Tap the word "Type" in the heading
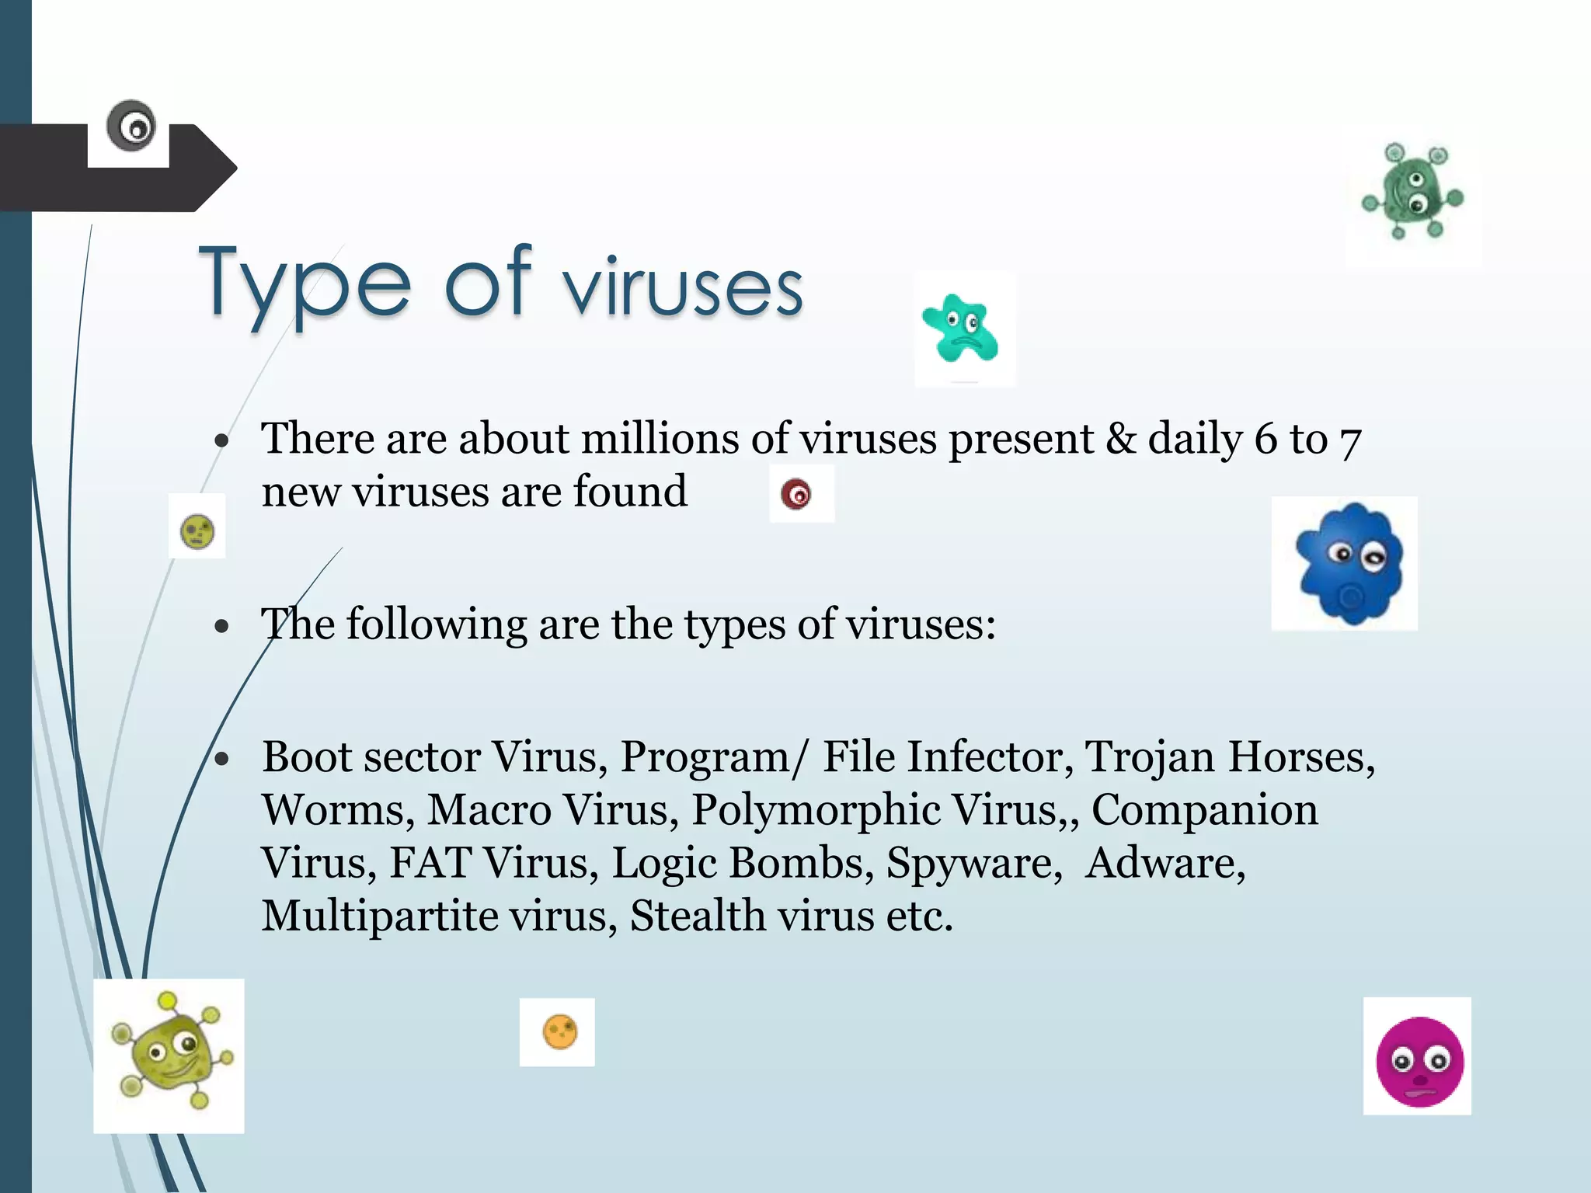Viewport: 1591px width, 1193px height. pyautogui.click(x=304, y=284)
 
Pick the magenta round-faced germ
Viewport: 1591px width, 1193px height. pyautogui.click(x=1419, y=1061)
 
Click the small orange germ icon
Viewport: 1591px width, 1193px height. pyautogui.click(x=559, y=1032)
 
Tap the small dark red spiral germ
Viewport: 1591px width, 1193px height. pyautogui.click(x=796, y=494)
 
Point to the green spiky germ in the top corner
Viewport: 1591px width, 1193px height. pyautogui.click(x=1412, y=192)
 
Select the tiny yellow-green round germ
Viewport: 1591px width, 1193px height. pyautogui.click(x=197, y=531)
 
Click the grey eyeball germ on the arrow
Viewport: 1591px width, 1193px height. pyautogui.click(x=131, y=126)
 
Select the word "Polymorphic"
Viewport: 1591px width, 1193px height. pyautogui.click(x=815, y=810)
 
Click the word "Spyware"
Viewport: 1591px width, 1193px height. pyautogui.click(x=973, y=863)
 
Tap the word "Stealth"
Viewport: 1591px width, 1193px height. pyautogui.click(x=698, y=916)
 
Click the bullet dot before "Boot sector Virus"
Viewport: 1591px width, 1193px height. pyautogui.click(x=222, y=759)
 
